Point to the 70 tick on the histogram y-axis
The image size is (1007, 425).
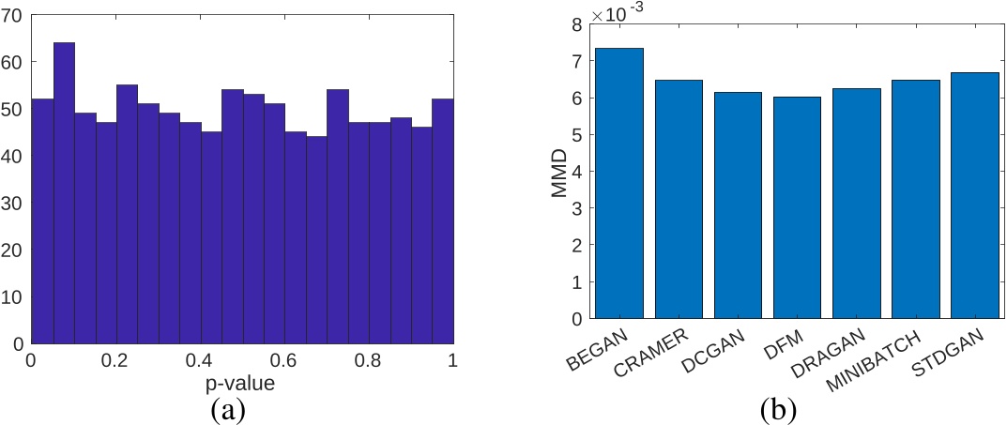(16, 15)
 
